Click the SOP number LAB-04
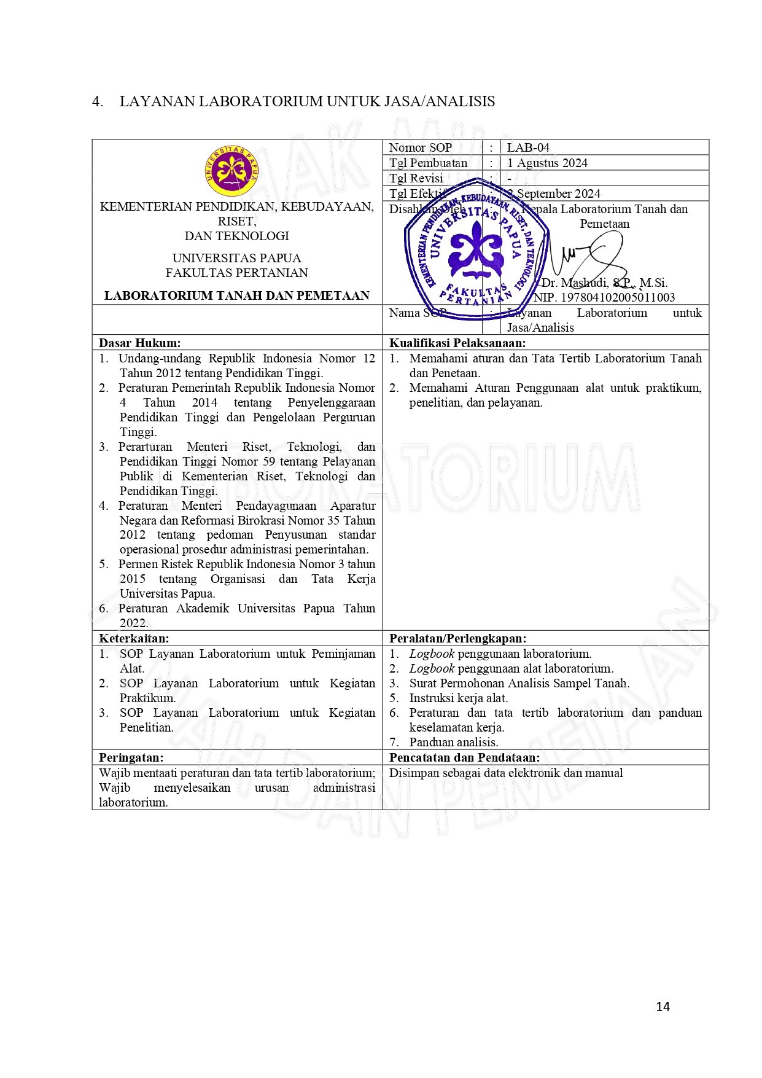[528, 147]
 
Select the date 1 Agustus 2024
[546, 163]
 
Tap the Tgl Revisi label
[416, 178]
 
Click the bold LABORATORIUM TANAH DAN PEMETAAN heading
[237, 295]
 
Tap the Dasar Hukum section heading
[140, 343]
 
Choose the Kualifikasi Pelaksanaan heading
[457, 343]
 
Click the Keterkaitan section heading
[134, 638]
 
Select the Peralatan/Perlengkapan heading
[457, 638]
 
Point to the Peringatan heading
[131, 757]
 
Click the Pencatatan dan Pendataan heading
[464, 757]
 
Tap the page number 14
[663, 1006]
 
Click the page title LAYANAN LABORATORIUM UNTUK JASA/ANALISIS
[307, 101]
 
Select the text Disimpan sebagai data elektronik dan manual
[506, 773]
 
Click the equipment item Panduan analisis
[454, 742]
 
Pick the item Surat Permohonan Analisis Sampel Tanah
[519, 683]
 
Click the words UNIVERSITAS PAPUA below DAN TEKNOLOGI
[236, 258]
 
